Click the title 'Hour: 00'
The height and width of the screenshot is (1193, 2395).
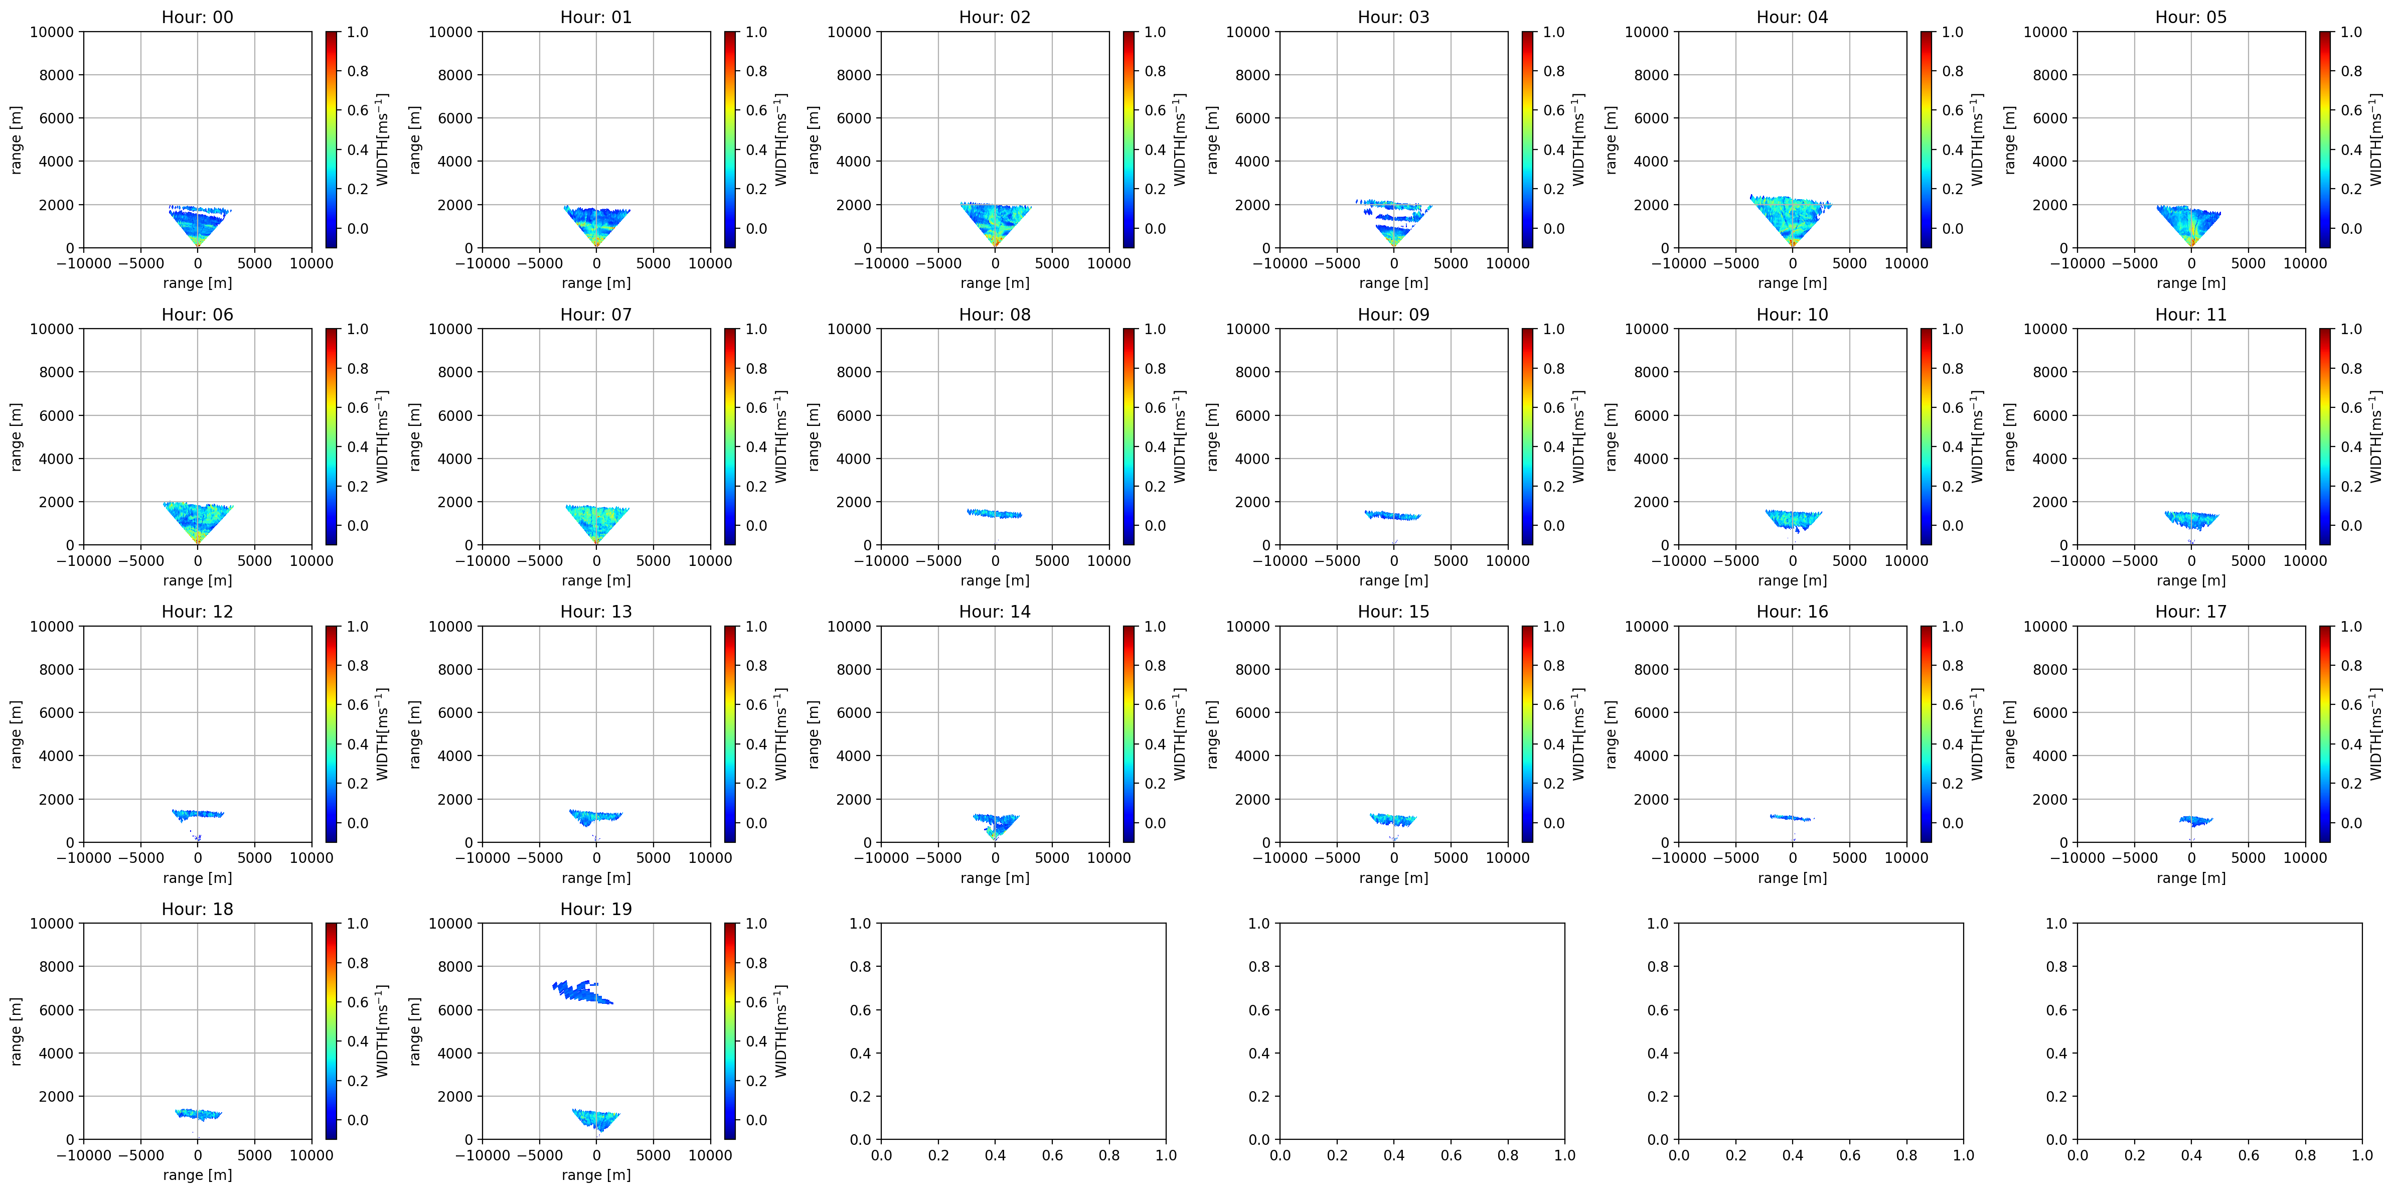click(x=197, y=17)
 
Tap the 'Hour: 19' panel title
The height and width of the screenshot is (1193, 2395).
click(x=596, y=909)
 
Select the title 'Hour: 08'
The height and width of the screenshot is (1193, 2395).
click(x=995, y=314)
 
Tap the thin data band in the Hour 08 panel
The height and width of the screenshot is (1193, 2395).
click(x=994, y=513)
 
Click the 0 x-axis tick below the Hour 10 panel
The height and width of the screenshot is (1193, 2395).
click(x=1793, y=561)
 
